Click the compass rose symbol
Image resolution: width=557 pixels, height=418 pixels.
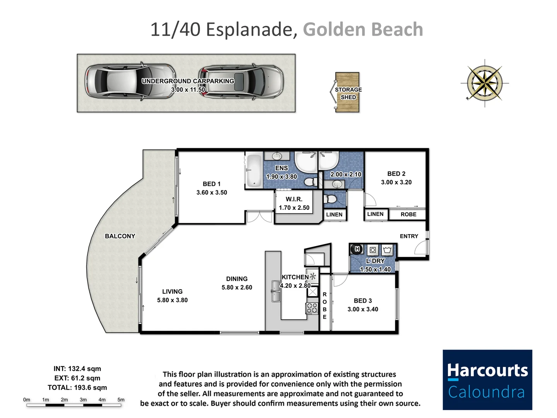point(484,83)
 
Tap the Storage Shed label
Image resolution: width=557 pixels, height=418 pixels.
point(348,93)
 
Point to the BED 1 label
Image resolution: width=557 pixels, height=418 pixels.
point(212,184)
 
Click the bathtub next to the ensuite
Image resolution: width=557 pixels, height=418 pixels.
point(254,170)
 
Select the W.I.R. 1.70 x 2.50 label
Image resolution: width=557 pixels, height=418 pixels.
point(294,204)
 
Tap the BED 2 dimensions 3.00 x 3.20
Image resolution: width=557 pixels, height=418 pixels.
point(396,182)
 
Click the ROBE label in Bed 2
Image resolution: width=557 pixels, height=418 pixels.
point(408,214)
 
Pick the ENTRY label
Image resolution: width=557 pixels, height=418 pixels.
point(409,236)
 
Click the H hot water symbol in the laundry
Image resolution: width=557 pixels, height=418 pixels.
point(357,249)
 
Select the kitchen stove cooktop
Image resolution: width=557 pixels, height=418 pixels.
point(312,308)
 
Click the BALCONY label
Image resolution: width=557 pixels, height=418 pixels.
point(120,236)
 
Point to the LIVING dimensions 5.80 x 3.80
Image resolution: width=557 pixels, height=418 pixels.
point(172,300)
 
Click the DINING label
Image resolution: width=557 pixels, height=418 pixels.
point(237,279)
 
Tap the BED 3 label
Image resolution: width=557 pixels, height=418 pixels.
point(363,301)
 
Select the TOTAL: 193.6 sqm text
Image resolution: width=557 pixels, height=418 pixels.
point(77,387)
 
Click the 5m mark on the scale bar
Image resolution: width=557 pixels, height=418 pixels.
point(121,400)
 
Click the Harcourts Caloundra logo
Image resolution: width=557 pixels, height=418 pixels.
point(487,380)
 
